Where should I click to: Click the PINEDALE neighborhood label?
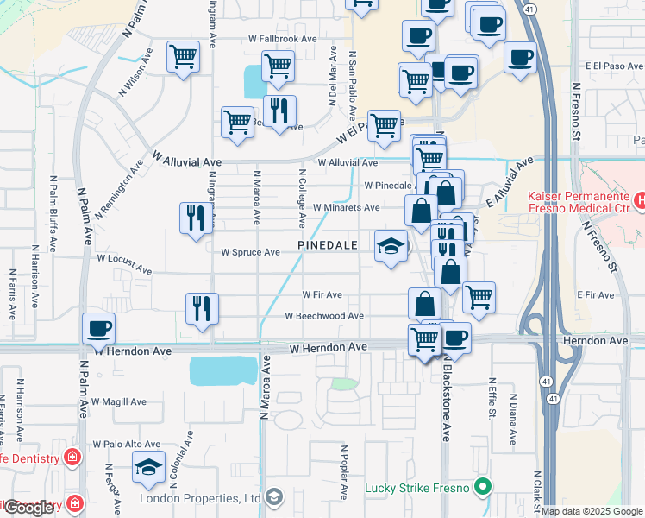point(328,246)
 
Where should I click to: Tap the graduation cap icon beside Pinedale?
point(391,246)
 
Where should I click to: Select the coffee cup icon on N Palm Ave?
point(98,329)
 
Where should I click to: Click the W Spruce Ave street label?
point(251,253)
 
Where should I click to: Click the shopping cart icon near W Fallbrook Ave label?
point(278,66)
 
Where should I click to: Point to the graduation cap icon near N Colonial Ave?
point(149,468)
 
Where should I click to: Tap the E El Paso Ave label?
point(614,66)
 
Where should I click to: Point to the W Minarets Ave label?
point(346,208)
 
